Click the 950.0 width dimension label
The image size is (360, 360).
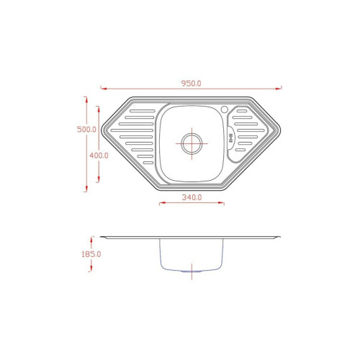coord(191,84)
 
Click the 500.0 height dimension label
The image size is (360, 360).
coord(86,130)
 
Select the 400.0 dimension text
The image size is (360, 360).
coord(99,156)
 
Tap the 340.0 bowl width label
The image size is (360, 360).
coord(192,197)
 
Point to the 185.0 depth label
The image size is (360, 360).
coord(91,254)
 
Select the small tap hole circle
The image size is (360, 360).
coord(225,109)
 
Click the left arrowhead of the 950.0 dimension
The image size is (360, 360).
coord(104,89)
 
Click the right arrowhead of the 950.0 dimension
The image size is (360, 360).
coord(279,89)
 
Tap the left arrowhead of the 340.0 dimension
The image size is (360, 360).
coord(163,203)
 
